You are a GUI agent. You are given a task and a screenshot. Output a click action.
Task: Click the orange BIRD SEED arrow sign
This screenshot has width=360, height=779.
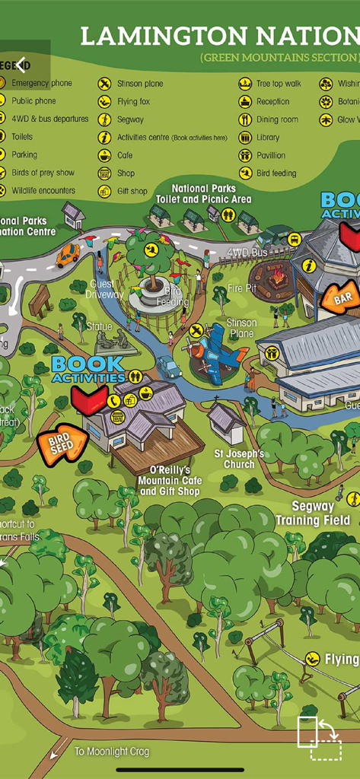(62, 447)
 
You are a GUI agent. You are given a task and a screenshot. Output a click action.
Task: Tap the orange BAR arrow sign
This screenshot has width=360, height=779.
(339, 297)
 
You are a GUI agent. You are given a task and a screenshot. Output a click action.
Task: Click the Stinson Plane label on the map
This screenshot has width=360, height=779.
(242, 328)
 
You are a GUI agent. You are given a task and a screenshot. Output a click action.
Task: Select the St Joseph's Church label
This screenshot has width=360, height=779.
(238, 460)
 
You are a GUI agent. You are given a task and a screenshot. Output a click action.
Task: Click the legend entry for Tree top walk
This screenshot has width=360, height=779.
(272, 84)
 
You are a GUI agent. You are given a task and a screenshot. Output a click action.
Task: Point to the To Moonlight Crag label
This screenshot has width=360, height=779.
(112, 752)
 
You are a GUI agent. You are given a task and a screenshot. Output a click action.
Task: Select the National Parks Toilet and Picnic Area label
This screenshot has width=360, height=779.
(203, 193)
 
